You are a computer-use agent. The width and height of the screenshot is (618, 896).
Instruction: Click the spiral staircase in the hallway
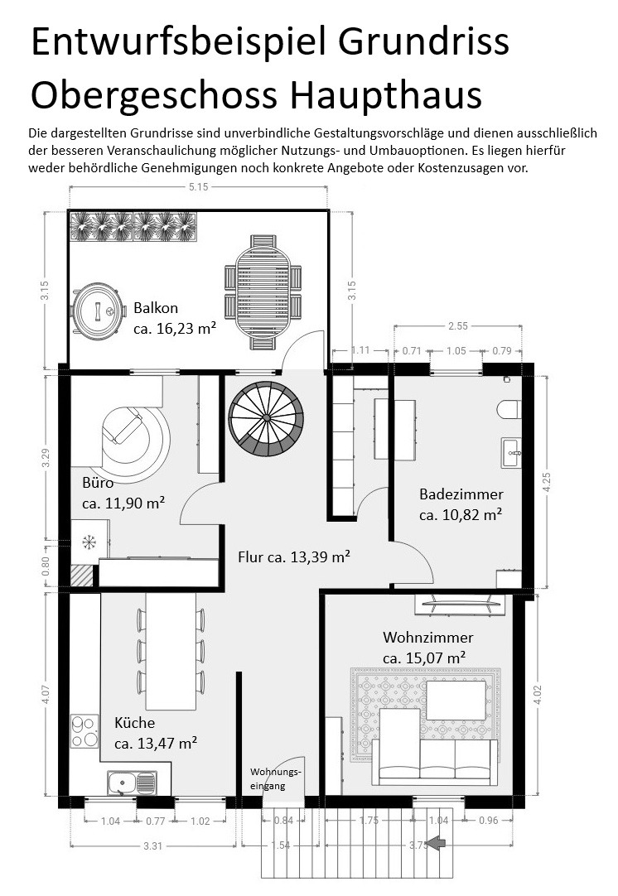(x=267, y=418)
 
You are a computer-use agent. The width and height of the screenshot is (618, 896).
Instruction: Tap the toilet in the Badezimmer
(x=509, y=409)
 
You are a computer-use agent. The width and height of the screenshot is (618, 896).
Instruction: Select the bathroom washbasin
(x=511, y=453)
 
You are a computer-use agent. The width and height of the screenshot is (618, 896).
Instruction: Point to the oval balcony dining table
(x=263, y=292)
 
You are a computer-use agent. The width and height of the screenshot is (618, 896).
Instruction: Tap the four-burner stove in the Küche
(x=84, y=731)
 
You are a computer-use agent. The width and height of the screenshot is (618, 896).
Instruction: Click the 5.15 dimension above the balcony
(x=198, y=187)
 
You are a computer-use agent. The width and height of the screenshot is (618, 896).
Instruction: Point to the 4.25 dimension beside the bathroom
(x=547, y=482)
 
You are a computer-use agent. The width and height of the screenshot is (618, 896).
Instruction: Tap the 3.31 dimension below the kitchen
(x=152, y=845)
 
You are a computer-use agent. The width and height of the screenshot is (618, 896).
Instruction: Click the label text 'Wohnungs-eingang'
(x=275, y=779)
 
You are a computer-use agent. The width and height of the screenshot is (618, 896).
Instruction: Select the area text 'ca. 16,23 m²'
(x=175, y=329)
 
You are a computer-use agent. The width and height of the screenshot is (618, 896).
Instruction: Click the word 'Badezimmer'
(x=461, y=494)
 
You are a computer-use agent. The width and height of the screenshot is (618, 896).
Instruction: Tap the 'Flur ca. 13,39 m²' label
(x=294, y=556)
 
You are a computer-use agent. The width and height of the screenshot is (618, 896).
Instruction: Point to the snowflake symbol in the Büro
(x=89, y=542)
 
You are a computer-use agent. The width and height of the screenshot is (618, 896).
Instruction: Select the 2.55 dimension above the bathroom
(x=458, y=326)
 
